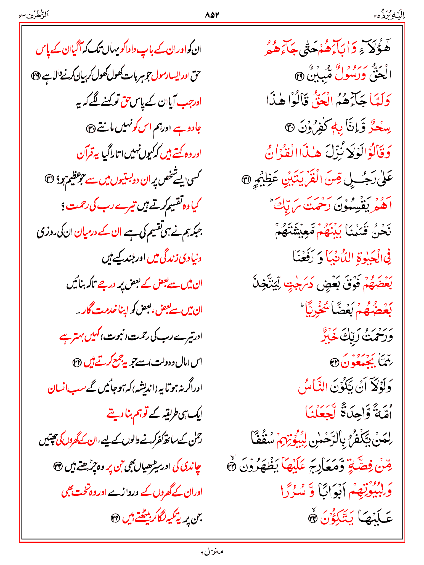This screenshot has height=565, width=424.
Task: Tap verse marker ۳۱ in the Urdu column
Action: (x=50, y=179)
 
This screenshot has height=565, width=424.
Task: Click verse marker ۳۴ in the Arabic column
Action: (x=312, y=518)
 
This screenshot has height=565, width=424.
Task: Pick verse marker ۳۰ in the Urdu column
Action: (x=91, y=128)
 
